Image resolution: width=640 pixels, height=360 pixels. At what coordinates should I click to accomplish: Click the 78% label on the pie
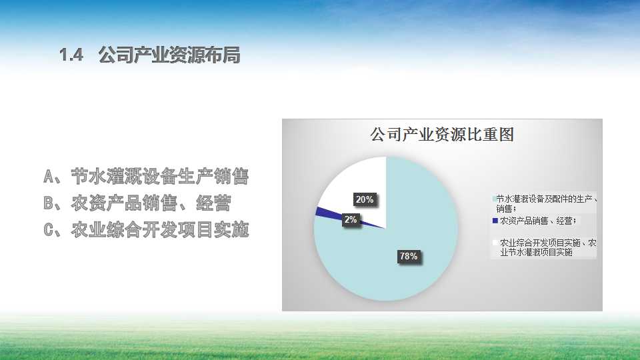click(x=409, y=256)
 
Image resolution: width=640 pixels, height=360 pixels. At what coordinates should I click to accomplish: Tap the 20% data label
click(x=365, y=199)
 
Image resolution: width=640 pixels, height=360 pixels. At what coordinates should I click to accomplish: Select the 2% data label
click(x=351, y=219)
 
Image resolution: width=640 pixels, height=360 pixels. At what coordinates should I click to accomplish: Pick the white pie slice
click(x=359, y=184)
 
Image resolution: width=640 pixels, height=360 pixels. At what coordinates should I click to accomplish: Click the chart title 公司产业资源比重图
click(x=442, y=134)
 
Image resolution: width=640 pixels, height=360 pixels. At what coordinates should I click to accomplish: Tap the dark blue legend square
click(x=495, y=221)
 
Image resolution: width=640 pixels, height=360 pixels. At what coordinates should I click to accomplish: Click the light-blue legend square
click(x=494, y=199)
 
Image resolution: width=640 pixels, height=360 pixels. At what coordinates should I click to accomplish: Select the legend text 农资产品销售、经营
click(x=537, y=221)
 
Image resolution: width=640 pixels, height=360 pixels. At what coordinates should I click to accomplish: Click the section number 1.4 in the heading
click(x=71, y=55)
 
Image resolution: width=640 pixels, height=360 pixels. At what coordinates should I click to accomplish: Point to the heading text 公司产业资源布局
click(x=169, y=55)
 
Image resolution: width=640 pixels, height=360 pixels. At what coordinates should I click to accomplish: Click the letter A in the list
click(x=49, y=177)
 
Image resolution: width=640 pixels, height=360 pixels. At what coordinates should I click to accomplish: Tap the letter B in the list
click(x=49, y=203)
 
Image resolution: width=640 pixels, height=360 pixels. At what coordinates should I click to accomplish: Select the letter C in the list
click(x=49, y=230)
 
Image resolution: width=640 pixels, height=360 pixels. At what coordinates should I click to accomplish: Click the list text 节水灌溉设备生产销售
click(x=159, y=176)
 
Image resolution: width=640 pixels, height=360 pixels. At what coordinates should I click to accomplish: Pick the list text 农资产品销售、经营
click(x=151, y=203)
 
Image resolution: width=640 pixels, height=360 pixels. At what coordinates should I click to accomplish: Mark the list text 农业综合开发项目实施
click(x=159, y=230)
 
